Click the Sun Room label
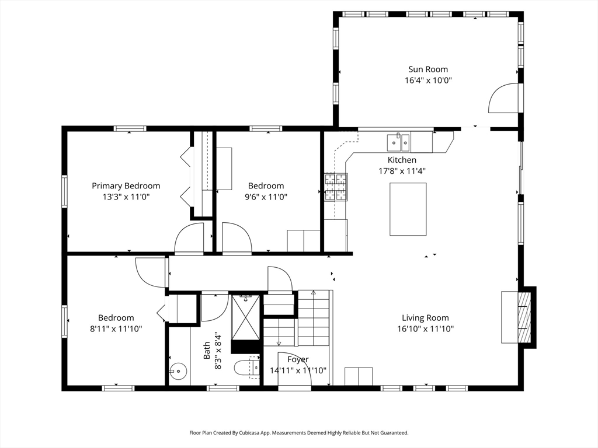(428, 69)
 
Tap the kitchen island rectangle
(408, 209)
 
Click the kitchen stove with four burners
(336, 187)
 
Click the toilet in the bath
(244, 368)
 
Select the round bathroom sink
(176, 370)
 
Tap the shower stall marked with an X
(245, 317)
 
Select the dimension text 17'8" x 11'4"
(402, 171)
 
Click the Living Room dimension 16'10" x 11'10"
(425, 329)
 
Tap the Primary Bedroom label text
(126, 186)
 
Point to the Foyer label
(297, 360)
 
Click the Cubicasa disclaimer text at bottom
(298, 433)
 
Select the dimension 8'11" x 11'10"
(116, 329)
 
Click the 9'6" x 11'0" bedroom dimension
(266, 197)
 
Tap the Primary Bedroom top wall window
(130, 128)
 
